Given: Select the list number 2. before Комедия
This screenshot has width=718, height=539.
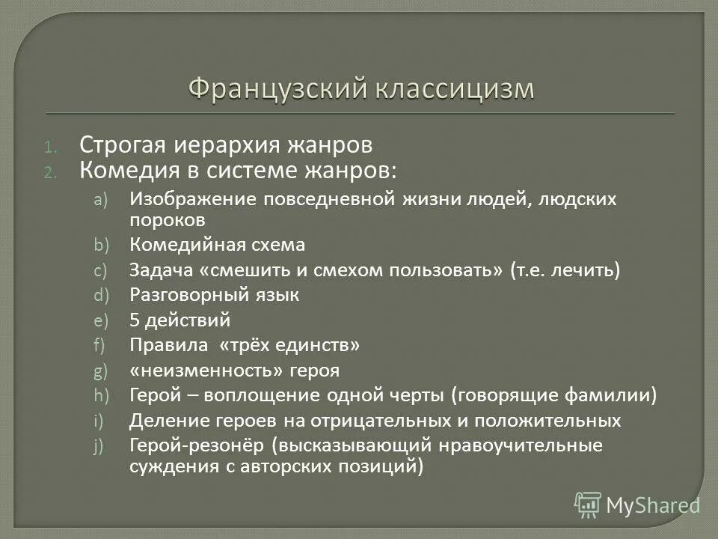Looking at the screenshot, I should [x=69, y=172].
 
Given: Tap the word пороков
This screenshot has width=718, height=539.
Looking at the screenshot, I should [x=167, y=220].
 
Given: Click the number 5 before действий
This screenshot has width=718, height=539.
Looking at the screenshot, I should [x=135, y=320].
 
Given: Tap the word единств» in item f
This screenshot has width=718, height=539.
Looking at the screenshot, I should [x=322, y=346].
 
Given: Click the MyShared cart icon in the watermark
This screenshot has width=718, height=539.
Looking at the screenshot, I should [x=588, y=505].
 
